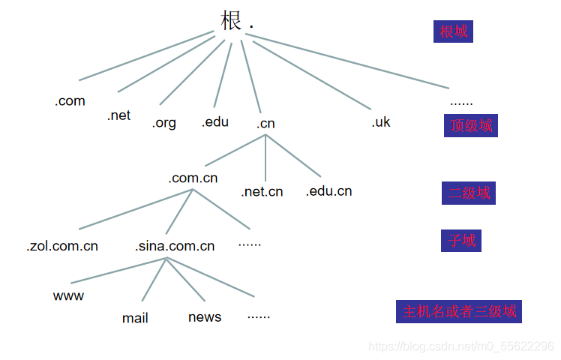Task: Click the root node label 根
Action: [232, 20]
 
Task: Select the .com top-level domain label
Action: [70, 101]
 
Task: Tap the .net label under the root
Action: [118, 115]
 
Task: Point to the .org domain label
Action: [163, 123]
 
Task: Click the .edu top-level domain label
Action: [214, 121]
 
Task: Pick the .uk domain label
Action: [380, 122]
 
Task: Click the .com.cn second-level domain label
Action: [193, 178]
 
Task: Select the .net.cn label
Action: [262, 192]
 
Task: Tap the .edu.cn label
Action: [328, 191]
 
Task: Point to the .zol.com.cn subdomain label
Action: [62, 246]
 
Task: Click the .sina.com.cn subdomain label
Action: [175, 246]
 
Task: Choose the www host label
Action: [68, 295]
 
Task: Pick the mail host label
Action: [135, 318]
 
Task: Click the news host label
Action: [205, 317]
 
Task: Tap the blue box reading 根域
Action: [453, 31]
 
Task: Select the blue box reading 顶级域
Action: [470, 125]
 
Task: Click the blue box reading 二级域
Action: [468, 193]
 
